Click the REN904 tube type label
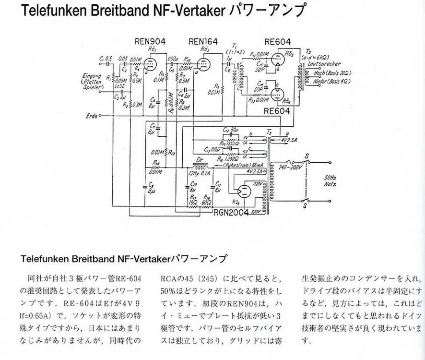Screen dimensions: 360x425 point(151,42)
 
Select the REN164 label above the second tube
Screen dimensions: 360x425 point(204,42)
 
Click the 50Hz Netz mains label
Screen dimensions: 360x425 point(331,180)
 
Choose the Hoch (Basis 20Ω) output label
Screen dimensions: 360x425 point(331,72)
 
